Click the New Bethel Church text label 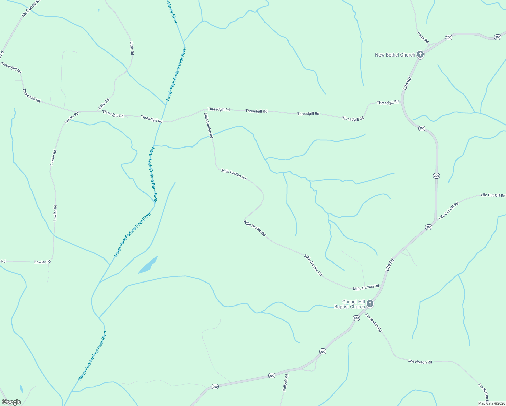(395, 55)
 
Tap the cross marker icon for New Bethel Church (420, 54)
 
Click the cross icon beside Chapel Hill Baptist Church (370, 304)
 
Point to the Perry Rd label (423, 37)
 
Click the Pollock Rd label (286, 383)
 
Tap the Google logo (11, 402)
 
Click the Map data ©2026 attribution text (491, 403)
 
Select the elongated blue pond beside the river (148, 265)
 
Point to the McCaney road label (30, 8)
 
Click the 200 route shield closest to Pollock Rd (272, 375)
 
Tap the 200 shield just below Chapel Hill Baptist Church (356, 318)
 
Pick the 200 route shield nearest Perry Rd (448, 37)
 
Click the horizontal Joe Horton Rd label (420, 362)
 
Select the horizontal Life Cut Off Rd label (493, 195)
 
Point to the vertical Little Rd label (132, 48)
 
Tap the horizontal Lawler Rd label (43, 262)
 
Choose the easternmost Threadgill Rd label (388, 102)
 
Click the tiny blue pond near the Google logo (21, 389)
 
